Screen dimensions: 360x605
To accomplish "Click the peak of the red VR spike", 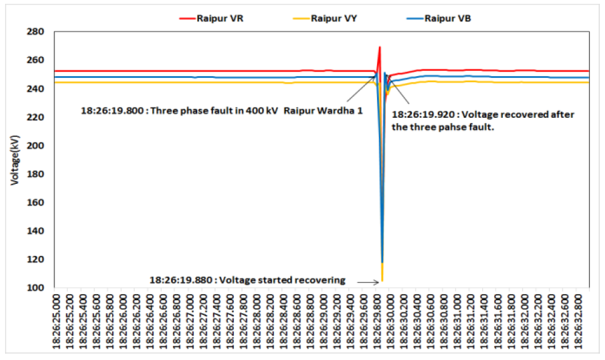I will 379,47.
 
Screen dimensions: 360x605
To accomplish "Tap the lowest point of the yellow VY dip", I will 382,281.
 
